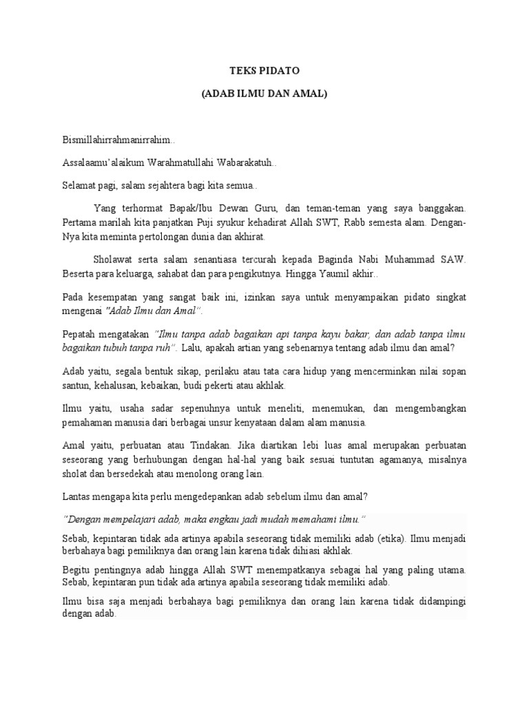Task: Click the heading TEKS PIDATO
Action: pos(264,70)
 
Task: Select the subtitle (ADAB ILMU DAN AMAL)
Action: pos(264,93)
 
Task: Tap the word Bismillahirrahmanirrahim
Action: pos(117,140)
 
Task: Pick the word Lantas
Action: pos(75,496)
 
